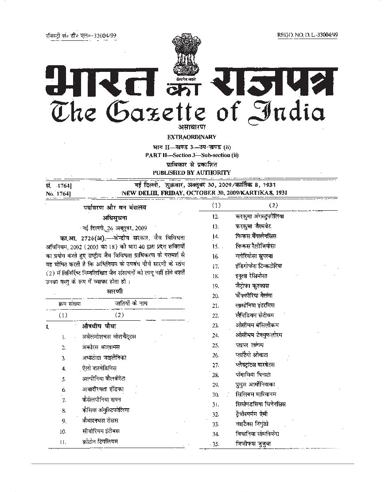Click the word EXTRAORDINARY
(192, 137)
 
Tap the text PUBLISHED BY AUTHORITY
(192, 172)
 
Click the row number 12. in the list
(216, 216)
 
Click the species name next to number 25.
(250, 345)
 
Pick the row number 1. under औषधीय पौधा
(64, 337)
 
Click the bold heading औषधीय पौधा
(98, 326)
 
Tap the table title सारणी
(115, 291)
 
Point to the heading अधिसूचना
(114, 217)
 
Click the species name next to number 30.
(259, 394)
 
